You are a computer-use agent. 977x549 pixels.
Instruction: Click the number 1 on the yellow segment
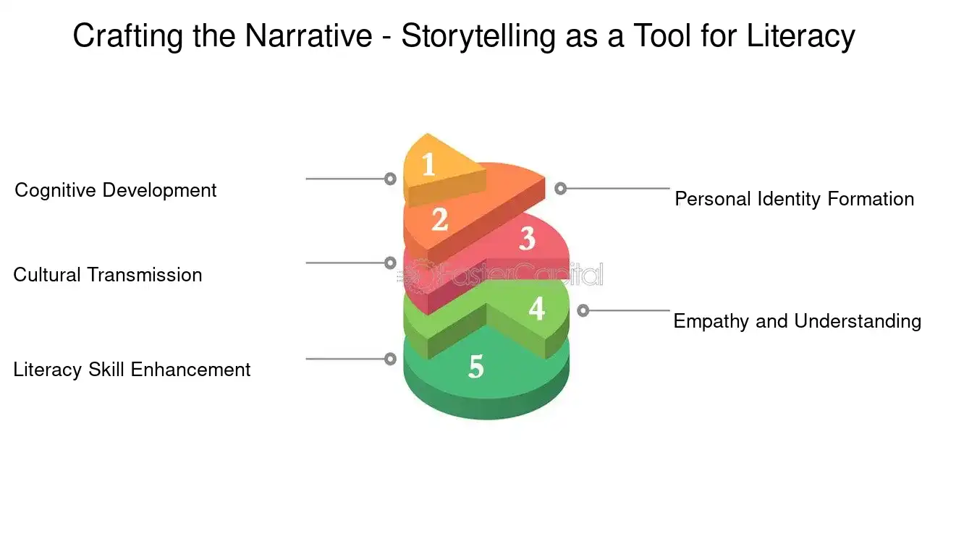[428, 165]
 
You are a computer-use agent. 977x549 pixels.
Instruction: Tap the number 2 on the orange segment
[440, 219]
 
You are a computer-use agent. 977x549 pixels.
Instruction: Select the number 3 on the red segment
[527, 238]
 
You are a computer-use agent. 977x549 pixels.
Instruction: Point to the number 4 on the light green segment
[536, 309]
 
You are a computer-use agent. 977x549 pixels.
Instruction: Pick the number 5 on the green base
[475, 367]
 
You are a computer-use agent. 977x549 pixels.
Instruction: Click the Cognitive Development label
[116, 190]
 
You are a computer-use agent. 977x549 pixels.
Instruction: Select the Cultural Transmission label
[108, 275]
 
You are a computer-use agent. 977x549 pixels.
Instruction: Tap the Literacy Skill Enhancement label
[132, 370]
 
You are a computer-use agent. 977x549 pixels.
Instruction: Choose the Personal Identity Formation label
[794, 199]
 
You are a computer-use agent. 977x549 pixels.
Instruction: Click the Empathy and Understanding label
[797, 321]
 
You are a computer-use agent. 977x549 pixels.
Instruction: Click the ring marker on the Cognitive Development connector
[390, 179]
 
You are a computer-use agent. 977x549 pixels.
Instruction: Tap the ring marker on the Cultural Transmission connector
[390, 263]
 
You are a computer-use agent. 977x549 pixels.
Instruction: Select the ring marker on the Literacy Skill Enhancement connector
[390, 359]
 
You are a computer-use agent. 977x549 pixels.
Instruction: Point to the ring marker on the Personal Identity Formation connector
[560, 188]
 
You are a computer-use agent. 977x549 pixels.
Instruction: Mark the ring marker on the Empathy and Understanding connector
[583, 310]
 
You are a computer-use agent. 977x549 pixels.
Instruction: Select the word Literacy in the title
[801, 36]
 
